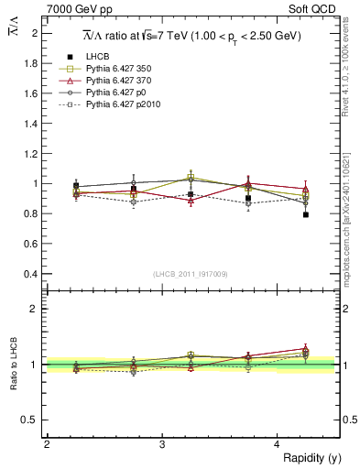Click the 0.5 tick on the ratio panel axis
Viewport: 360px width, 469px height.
[33, 420]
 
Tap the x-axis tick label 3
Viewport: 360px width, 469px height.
[161, 444]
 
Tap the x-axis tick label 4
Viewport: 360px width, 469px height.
[278, 444]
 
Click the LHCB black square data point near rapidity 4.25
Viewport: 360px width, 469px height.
[306, 214]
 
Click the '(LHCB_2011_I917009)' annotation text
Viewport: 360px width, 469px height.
[191, 273]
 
